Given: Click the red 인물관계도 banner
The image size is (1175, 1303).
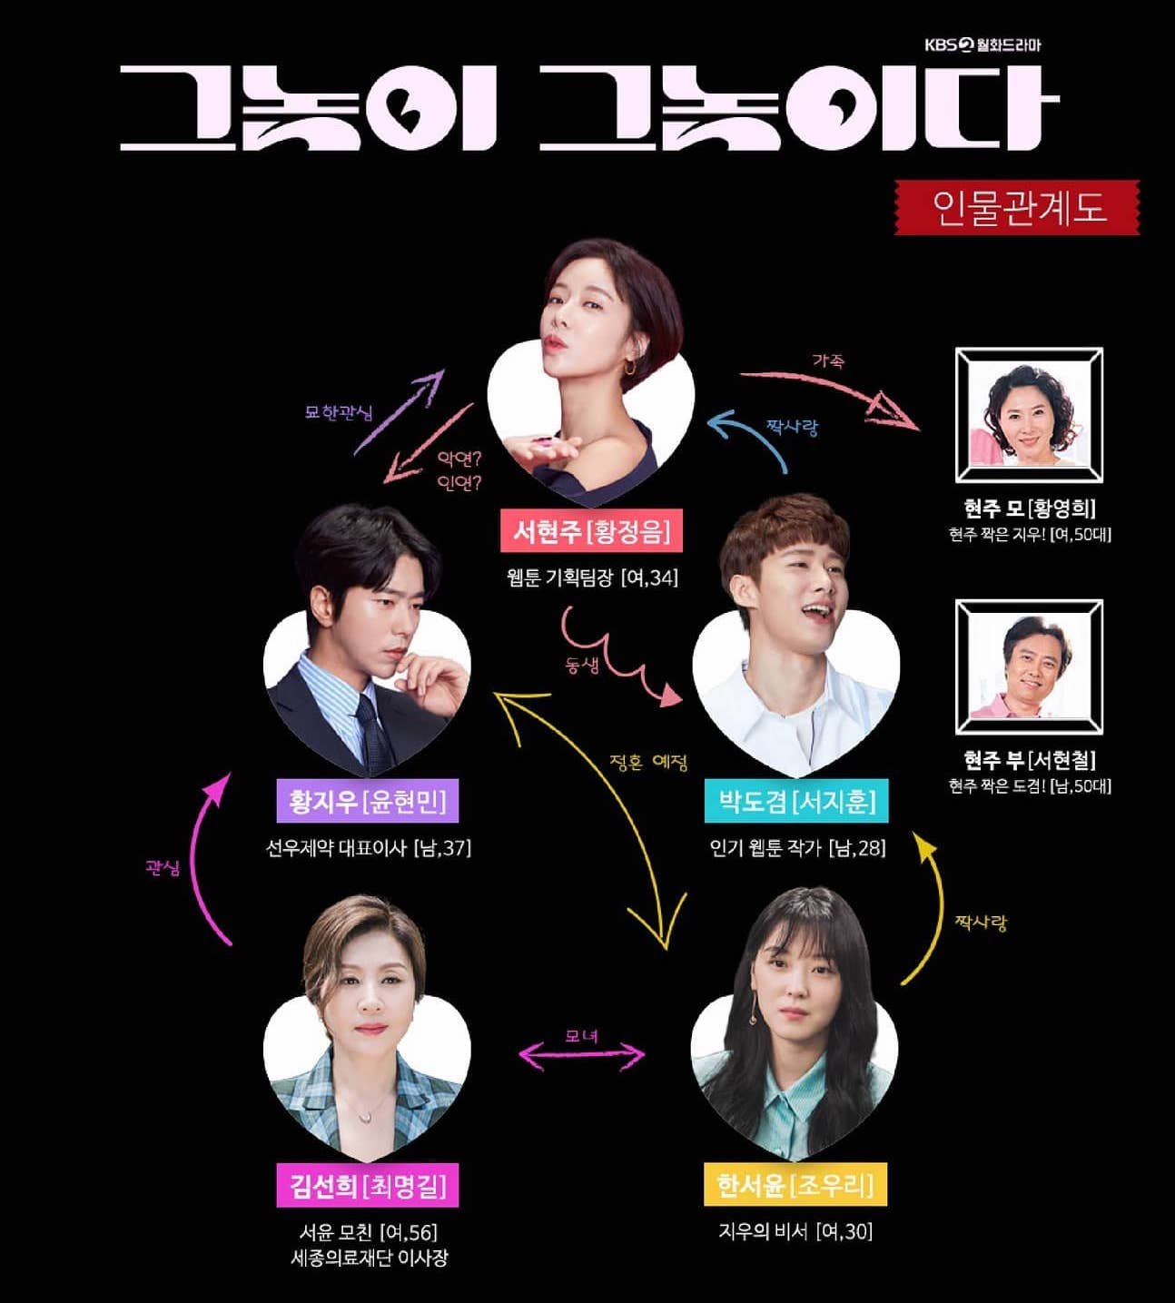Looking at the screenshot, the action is (1017, 207).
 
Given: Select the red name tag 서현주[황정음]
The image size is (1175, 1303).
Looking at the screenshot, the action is (591, 530).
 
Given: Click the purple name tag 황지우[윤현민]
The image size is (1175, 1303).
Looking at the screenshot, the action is (368, 800).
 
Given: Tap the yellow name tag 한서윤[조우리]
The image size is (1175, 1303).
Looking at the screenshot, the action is (795, 1184).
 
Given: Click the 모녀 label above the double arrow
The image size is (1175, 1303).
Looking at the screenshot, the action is (581, 1035).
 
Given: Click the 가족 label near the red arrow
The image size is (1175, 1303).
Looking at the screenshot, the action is (829, 360).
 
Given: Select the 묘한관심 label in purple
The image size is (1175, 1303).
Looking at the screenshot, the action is (340, 412).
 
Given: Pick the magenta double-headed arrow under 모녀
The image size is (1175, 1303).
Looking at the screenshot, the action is (582, 1056).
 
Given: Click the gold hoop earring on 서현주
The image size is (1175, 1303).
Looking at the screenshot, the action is (630, 368).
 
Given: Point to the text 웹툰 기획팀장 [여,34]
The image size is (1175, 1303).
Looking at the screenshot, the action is (592, 577).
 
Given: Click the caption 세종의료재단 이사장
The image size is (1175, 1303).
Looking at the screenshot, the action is (369, 1258).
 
